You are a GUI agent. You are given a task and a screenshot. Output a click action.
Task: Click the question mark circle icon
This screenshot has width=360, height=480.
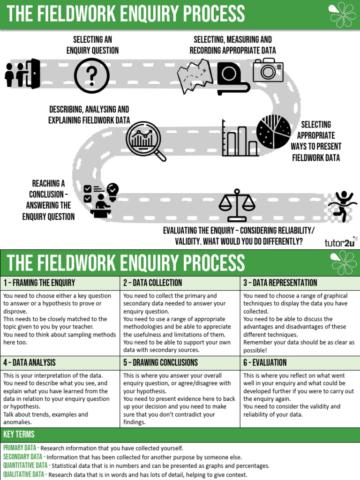92,75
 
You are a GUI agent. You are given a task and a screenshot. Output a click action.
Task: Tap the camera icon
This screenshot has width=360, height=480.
268,70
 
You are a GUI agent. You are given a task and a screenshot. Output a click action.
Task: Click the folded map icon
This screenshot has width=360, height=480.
195,76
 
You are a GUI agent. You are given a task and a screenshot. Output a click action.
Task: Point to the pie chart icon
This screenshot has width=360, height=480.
273,132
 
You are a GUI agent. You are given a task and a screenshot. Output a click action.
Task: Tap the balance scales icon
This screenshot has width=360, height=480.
237,205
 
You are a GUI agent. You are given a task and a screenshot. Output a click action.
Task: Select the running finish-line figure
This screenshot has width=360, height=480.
342,205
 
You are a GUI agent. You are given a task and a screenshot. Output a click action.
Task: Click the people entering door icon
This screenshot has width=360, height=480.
22,74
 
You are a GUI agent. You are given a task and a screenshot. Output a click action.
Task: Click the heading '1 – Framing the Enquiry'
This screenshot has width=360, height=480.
39,283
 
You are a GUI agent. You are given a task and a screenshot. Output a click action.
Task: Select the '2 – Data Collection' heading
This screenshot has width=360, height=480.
152,283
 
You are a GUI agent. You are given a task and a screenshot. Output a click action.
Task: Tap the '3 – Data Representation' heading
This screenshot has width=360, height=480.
280,283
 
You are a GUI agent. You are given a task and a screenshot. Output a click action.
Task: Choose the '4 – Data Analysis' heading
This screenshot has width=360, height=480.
30,362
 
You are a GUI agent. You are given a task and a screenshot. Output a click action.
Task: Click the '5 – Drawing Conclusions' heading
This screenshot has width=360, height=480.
160,362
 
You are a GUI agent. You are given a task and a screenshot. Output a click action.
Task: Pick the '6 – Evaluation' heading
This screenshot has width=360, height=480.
265,362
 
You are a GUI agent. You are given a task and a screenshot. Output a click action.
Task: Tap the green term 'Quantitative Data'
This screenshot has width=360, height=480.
25,465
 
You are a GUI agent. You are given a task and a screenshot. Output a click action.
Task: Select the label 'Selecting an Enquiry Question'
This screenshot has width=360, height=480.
92,45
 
